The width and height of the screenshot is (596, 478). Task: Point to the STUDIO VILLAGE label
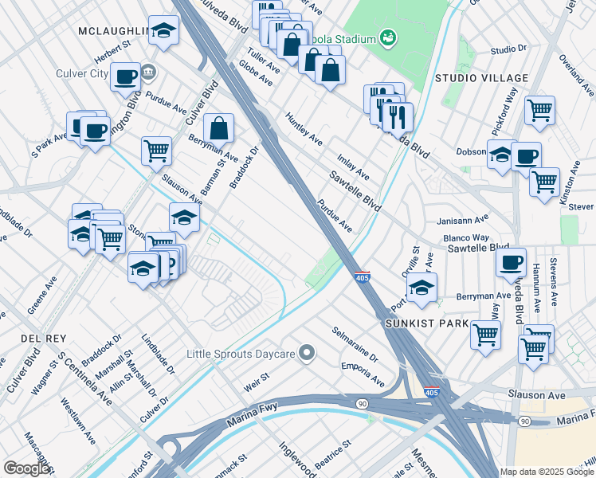481,77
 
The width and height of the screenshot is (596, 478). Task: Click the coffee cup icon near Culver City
126,76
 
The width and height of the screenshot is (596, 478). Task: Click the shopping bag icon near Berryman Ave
218,127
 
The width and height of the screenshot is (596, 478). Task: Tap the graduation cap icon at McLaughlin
164,29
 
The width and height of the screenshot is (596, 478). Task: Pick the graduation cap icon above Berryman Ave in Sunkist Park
422,286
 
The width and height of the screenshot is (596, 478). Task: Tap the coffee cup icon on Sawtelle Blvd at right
511,261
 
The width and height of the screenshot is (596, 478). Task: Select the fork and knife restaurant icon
398,116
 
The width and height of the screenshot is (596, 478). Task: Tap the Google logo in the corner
27,468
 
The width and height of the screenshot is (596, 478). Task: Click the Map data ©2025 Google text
547,471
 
